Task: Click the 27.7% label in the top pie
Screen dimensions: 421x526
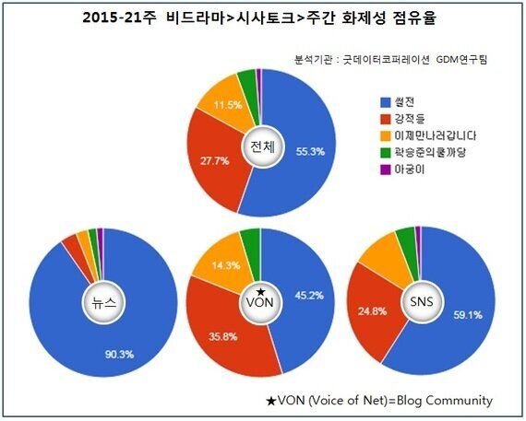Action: coord(212,160)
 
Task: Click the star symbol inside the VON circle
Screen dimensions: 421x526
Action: coord(260,293)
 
